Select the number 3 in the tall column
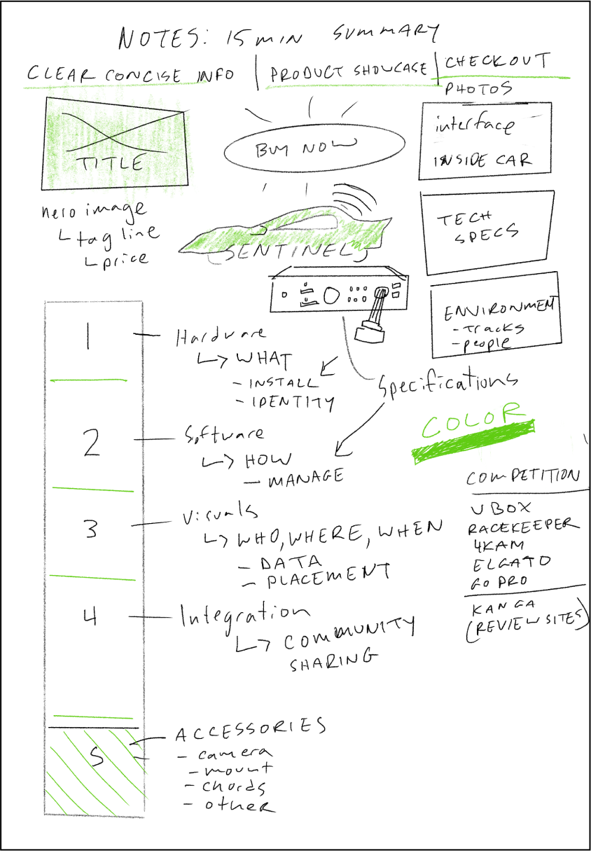pos(90,529)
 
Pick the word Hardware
pos(220,337)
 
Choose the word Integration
pos(244,614)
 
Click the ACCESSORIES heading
pos(250,730)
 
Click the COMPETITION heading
pos(522,477)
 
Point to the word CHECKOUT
pos(497,62)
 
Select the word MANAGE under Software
pos(305,478)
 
